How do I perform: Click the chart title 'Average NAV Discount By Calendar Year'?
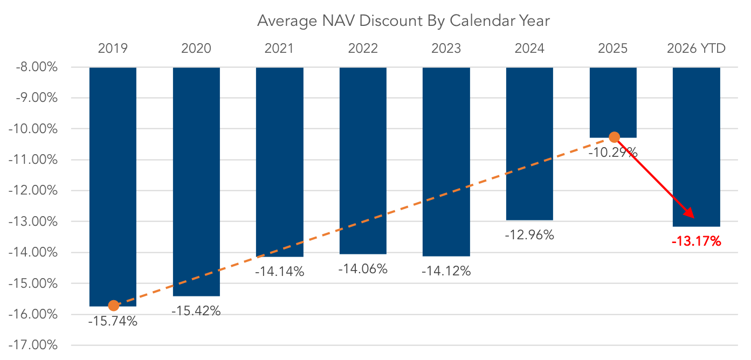403,21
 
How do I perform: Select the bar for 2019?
113,187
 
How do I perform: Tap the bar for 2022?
363,161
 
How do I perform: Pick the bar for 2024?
530,144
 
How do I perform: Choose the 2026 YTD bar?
697,147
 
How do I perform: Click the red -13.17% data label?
697,241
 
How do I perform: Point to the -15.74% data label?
113,321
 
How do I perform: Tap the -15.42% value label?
196,311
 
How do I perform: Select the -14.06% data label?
363,269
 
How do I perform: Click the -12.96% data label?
530,235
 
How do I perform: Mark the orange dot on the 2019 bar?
114,306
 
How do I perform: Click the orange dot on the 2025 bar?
614,137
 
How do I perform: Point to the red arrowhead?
690,213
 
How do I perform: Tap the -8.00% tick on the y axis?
37,67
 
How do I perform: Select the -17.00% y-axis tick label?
33,345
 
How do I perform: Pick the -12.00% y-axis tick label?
33,190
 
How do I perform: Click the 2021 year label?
279,49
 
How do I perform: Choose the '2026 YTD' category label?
697,49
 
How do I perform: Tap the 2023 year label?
446,49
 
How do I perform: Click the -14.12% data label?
446,271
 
